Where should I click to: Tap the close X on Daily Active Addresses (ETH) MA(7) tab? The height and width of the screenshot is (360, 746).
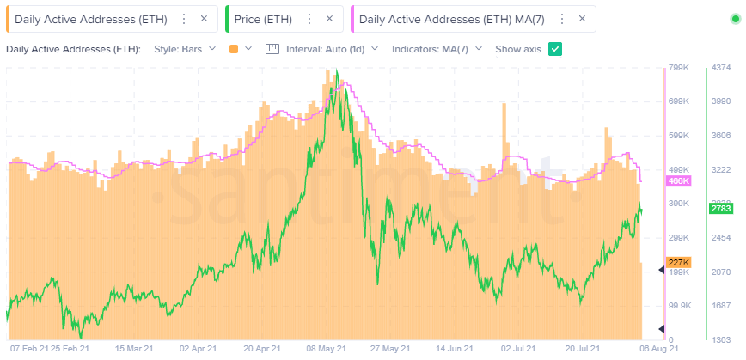click(584, 18)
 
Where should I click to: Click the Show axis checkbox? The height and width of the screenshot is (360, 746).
click(555, 49)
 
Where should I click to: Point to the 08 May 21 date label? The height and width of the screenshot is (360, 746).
click(327, 349)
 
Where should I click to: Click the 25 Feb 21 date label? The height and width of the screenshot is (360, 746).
click(70, 349)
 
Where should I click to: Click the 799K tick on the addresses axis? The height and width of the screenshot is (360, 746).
click(681, 68)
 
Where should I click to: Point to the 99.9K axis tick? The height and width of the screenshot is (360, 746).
click(681, 306)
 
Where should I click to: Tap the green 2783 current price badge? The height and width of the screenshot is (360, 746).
click(720, 209)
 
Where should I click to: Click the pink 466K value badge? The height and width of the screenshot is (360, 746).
click(679, 181)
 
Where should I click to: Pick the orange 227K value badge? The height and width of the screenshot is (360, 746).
click(679, 263)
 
